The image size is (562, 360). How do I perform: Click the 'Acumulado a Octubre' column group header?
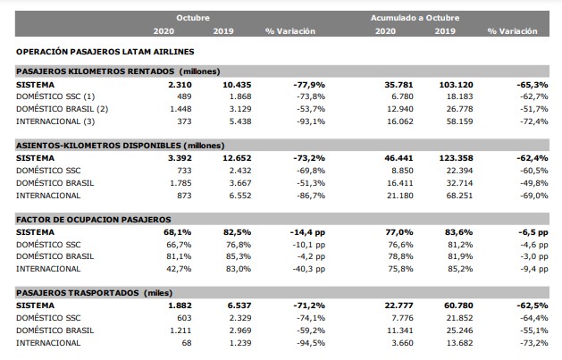(x=415, y=18)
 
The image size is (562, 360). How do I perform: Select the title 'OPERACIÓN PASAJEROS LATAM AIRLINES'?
(x=105, y=52)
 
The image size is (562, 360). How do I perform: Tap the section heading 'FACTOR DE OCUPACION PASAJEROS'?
(x=94, y=220)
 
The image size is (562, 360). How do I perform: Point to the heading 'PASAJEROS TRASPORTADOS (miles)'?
(x=95, y=293)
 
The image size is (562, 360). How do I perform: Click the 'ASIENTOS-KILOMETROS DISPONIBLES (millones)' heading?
(x=120, y=146)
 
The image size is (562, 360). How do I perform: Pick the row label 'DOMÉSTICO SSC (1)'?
(x=55, y=96)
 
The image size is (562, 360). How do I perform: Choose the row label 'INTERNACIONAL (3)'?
(x=55, y=121)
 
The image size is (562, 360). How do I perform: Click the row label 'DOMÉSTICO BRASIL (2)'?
(x=62, y=109)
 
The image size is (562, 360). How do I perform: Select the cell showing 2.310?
(x=180, y=85)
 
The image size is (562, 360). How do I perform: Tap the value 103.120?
(x=456, y=85)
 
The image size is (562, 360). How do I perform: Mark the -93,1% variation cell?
(x=311, y=121)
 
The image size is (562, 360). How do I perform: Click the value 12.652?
(x=237, y=158)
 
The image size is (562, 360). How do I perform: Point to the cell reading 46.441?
(x=398, y=158)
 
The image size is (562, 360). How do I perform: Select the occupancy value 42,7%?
(x=179, y=269)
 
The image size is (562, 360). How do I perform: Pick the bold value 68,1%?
(x=178, y=232)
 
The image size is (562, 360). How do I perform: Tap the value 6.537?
(x=239, y=306)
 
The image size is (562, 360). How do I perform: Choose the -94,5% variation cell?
(x=311, y=343)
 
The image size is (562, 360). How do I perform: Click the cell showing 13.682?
(x=459, y=343)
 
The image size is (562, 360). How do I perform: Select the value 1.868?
(x=240, y=96)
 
